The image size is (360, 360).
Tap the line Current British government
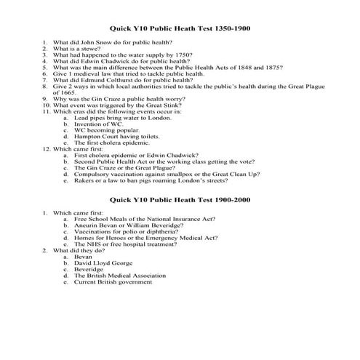pyautogui.click(x=111, y=283)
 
